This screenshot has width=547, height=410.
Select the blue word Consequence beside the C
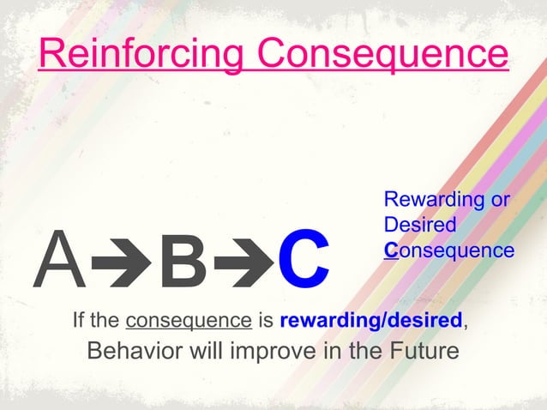pos(449,250)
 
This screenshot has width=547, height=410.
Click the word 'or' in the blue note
pos(500,201)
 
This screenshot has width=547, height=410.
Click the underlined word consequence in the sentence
pos(188,322)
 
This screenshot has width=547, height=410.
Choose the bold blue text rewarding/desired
pos(371,322)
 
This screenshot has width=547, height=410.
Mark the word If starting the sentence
pos(80,322)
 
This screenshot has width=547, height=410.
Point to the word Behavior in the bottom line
pos(135,353)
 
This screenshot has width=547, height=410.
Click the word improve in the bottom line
pos(276,353)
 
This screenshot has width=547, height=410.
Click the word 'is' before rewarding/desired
pos(265,322)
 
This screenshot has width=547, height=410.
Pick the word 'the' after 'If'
pos(106,322)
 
